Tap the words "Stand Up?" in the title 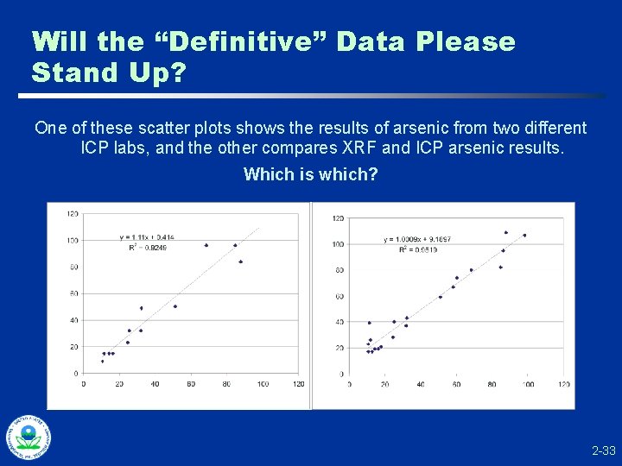tap(108, 72)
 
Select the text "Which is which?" tap(310, 174)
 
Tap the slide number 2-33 tap(603, 450)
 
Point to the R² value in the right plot tap(418, 249)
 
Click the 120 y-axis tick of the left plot tap(73, 213)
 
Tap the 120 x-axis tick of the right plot tap(564, 384)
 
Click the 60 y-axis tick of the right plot tap(339, 296)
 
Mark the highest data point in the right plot tap(506, 232)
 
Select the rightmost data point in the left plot tap(241, 261)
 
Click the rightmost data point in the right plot tap(524, 235)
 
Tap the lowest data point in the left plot tap(102, 362)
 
